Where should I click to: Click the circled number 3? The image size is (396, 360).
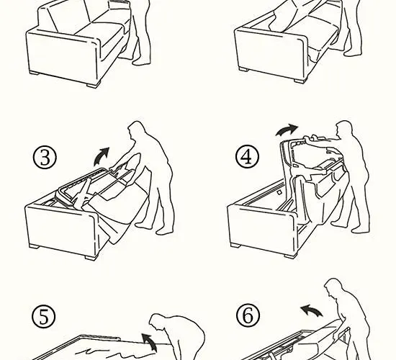tap(45, 157)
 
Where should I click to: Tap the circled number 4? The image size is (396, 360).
tap(247, 157)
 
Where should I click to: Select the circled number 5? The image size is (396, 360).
tap(44, 317)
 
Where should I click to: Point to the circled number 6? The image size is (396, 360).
tap(248, 315)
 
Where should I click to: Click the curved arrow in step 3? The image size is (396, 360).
tap(101, 157)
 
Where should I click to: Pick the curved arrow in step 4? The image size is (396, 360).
tap(287, 130)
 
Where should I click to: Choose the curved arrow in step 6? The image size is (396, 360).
tap(310, 310)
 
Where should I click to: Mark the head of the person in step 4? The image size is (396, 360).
tap(345, 129)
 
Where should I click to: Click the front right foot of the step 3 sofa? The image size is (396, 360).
tap(91, 258)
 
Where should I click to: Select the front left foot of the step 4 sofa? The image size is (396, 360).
tap(235, 245)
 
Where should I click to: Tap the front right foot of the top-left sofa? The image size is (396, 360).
tap(94, 85)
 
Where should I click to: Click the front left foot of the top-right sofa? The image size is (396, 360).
tap(243, 69)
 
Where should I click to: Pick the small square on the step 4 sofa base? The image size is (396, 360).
tap(279, 192)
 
